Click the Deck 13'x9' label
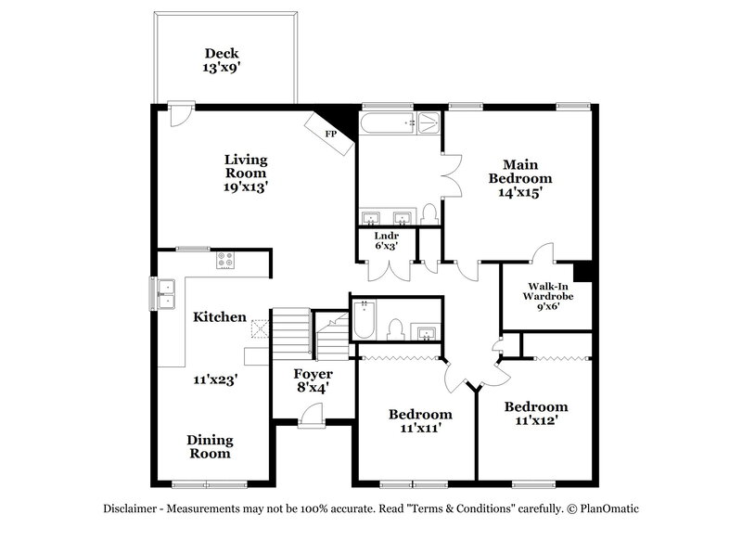point(222,60)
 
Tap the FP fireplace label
point(331,134)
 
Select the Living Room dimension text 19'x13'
point(246,186)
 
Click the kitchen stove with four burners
point(224,260)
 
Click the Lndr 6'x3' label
point(387,240)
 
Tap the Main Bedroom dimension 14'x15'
point(520,192)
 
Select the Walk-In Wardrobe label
point(548,291)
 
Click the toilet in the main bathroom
point(429,214)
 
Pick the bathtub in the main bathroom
point(387,123)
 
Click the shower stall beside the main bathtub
point(430,123)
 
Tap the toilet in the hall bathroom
point(395,329)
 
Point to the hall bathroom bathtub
point(365,320)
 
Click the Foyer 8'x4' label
point(313,381)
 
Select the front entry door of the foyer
point(312,416)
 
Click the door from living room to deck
point(180,113)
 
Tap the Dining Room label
point(211,447)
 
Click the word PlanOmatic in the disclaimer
point(609,508)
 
